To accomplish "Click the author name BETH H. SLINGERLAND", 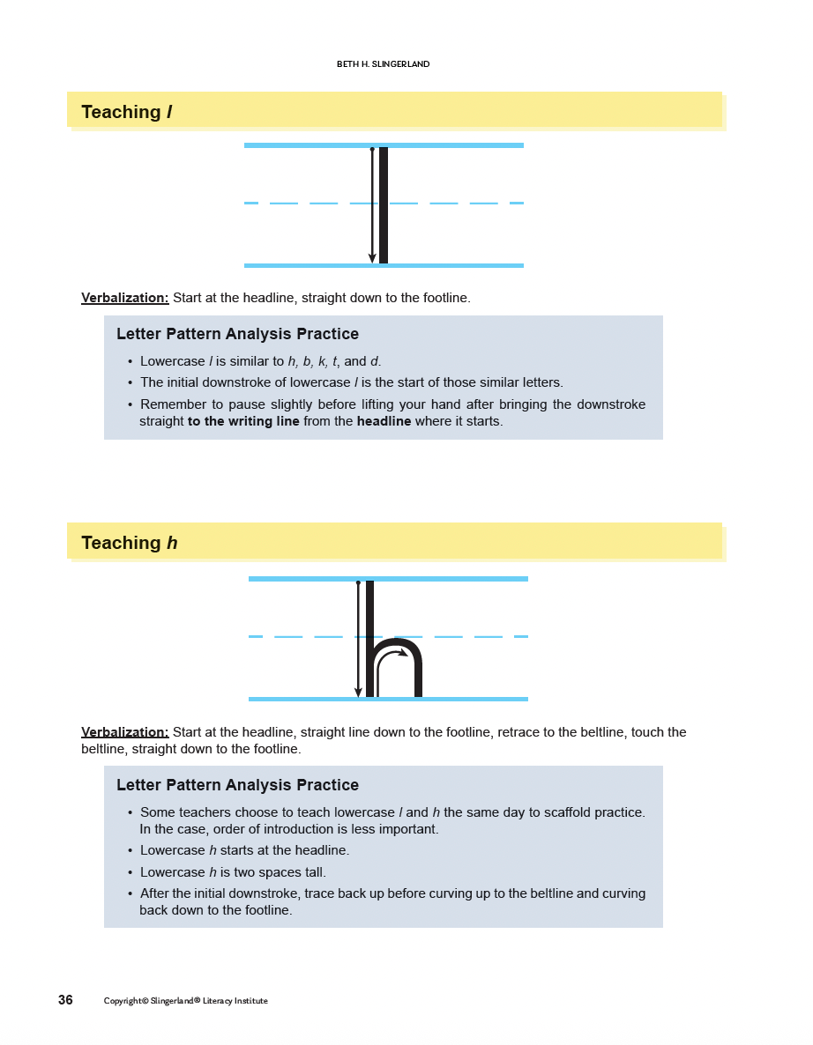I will point(383,64).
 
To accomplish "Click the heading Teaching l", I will point(126,112).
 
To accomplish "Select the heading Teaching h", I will point(129,543).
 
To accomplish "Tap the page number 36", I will point(65,1000).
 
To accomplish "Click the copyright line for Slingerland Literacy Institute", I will point(185,1001).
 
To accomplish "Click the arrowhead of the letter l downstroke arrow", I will point(372,258).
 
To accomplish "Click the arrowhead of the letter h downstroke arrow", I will point(358,693).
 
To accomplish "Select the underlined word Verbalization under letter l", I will point(124,298).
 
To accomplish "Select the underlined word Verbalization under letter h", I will point(124,732).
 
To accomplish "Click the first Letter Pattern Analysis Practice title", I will point(237,334).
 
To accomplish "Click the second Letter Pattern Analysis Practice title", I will point(237,785).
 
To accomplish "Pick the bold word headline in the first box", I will point(384,421).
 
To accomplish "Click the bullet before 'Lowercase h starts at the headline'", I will point(131,851).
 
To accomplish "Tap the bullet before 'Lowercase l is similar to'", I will point(131,362).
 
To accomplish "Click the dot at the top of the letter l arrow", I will point(372,150).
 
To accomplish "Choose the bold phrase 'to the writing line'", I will point(243,421).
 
